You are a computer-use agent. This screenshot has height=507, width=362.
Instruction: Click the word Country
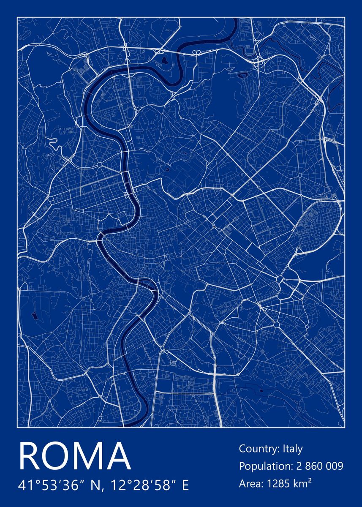pyautogui.click(x=258, y=449)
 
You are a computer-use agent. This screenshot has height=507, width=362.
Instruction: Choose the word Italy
pyautogui.click(x=293, y=449)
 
